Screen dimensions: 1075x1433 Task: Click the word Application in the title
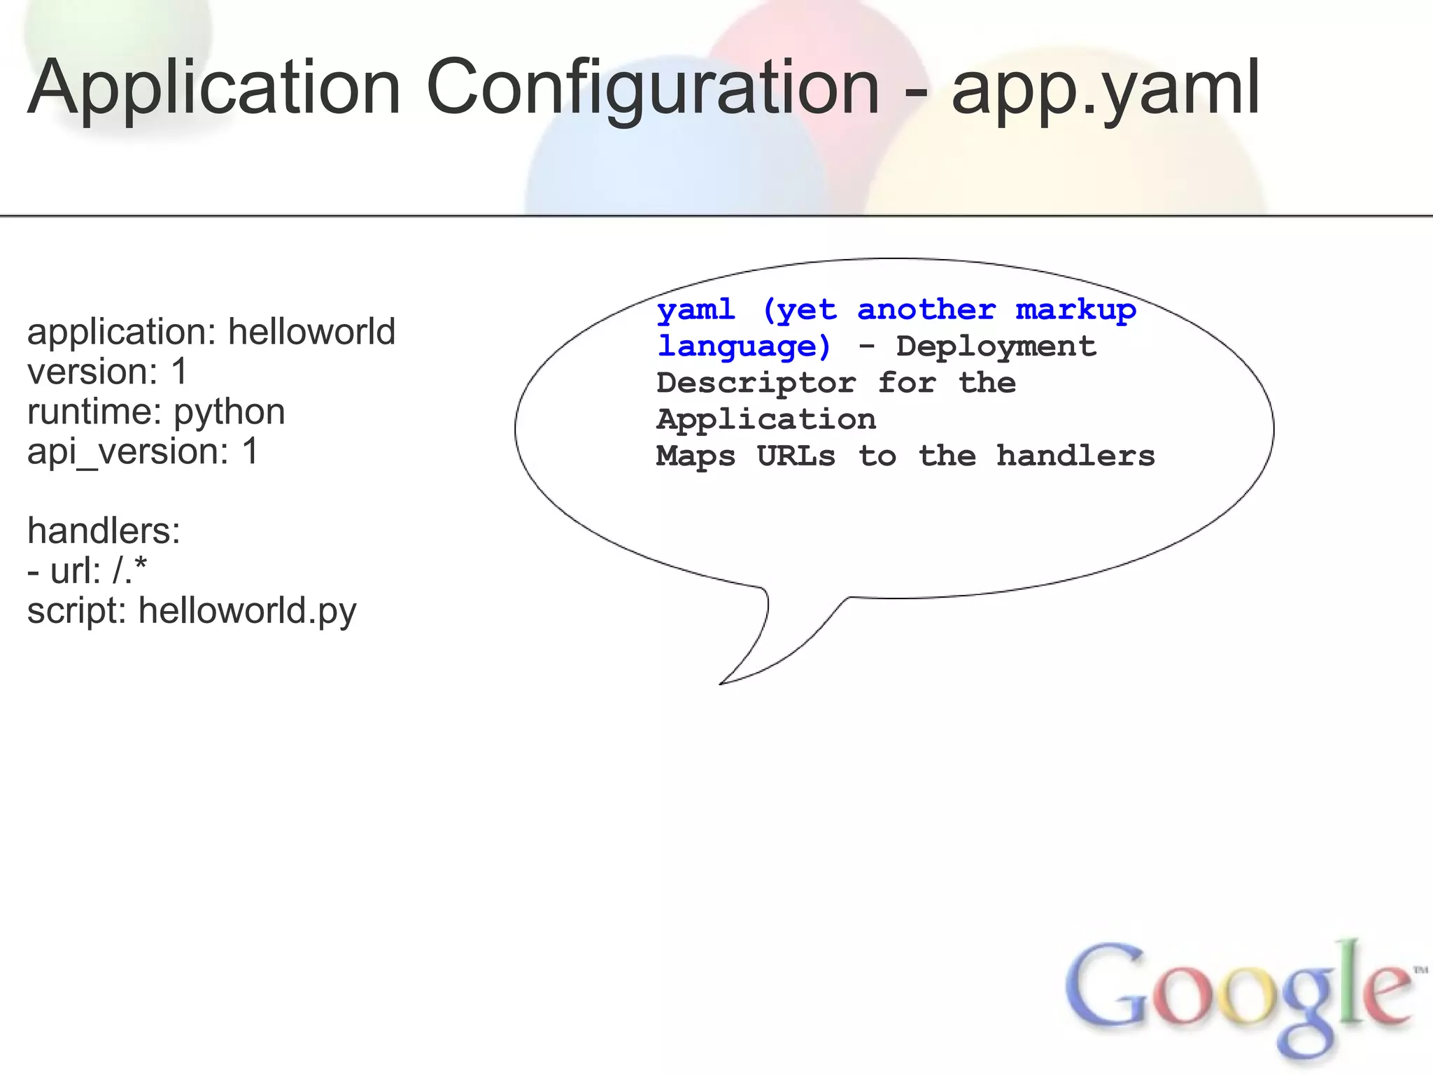[214, 90]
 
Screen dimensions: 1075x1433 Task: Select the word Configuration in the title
[652, 90]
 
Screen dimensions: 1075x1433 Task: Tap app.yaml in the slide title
[1106, 90]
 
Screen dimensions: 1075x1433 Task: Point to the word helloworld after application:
[311, 332]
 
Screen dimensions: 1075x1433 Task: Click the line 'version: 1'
[108, 372]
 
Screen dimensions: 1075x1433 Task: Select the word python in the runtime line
[230, 412]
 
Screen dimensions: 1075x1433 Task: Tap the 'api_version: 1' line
[143, 451]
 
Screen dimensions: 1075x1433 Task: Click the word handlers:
[104, 531]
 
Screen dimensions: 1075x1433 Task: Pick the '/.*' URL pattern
[129, 570]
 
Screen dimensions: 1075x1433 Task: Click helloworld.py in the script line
[247, 611]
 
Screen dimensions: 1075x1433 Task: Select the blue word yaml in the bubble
[696, 310]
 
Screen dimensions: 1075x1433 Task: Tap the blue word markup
[1075, 310]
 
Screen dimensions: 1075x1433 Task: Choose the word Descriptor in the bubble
[756, 384]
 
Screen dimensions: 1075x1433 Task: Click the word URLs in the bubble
[796, 456]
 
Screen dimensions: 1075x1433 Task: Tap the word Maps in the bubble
[696, 456]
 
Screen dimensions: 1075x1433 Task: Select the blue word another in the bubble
[926, 310]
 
